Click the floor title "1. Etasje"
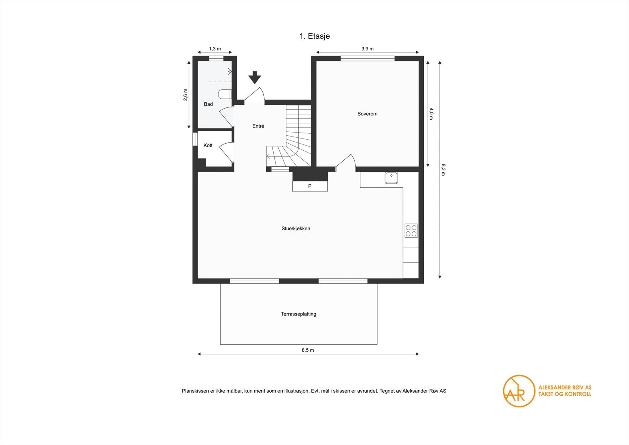coord(314,36)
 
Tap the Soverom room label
coord(367,114)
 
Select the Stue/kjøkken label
coord(296,229)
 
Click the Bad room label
coord(208,104)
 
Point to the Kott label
coord(208,146)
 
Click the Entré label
coord(258,126)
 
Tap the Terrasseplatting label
coord(298,314)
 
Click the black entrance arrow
coord(255,78)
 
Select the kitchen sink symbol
coord(391,178)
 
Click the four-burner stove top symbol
coord(411,231)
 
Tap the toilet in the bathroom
coord(224,94)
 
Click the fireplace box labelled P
coord(310,186)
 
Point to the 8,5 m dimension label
coord(308,350)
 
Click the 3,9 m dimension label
coord(367,49)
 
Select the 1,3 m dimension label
coord(215,49)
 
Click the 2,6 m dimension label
coord(186,95)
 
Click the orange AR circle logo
coord(519,391)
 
